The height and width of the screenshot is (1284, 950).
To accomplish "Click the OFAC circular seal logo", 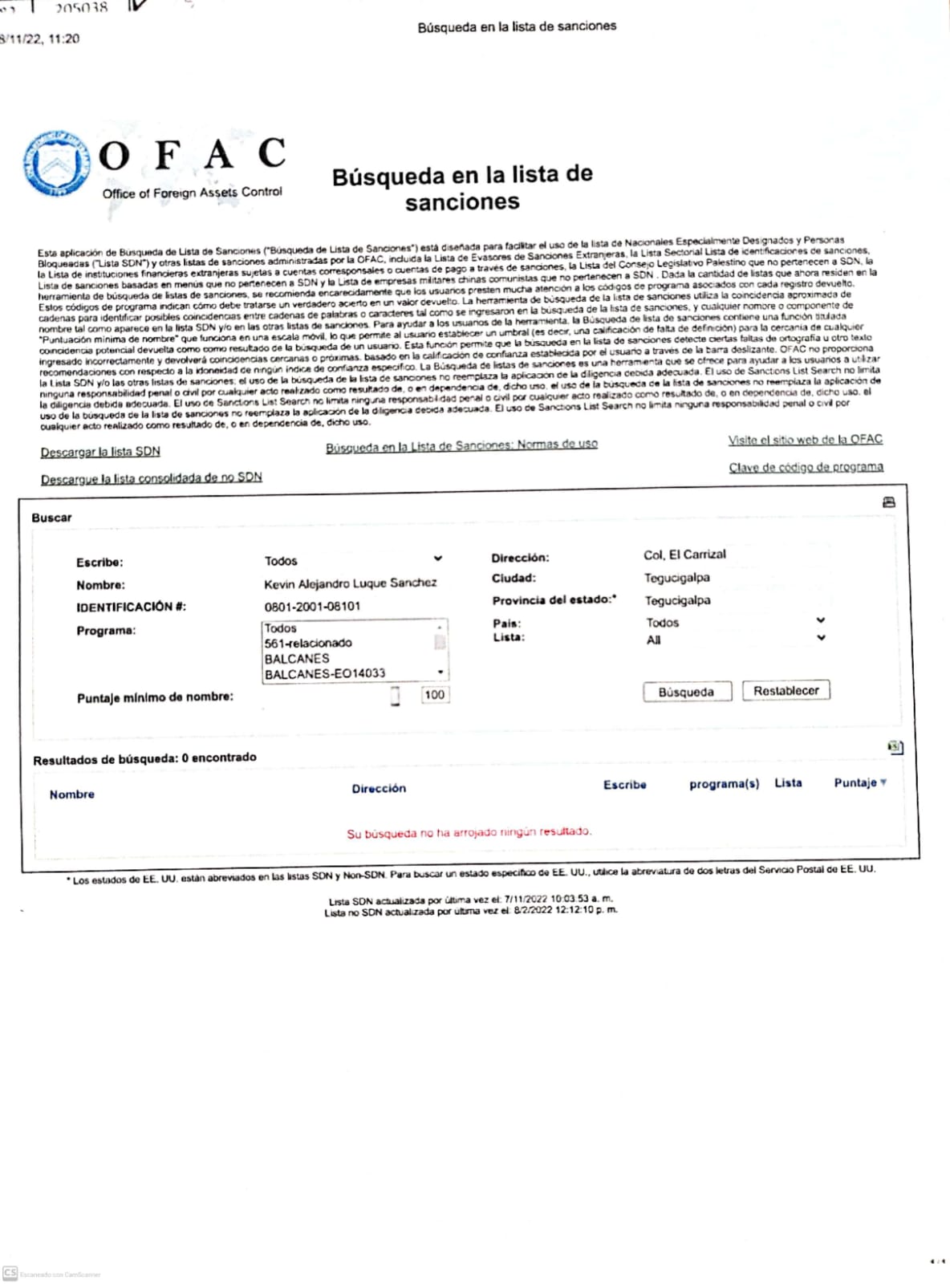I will [55, 164].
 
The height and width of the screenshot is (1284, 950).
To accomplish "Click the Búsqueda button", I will [686, 692].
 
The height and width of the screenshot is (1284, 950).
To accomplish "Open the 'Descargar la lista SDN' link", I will [100, 452].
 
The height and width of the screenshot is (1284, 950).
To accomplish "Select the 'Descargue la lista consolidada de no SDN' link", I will [151, 478].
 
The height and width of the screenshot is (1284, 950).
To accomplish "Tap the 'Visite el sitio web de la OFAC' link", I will [805, 440].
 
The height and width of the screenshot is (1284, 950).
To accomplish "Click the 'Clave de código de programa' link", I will [806, 467].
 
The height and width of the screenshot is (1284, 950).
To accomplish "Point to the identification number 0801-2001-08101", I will [312, 607].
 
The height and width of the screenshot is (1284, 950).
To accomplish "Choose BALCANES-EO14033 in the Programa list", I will [325, 674].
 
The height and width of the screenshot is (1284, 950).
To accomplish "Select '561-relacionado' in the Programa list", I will [308, 643].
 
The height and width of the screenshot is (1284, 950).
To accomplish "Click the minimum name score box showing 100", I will [434, 695].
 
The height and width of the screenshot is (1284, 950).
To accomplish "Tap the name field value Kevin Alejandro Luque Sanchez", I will [350, 583].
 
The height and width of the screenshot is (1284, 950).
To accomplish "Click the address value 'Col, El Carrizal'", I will [684, 555].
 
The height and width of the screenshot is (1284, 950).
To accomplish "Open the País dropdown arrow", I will [820, 620].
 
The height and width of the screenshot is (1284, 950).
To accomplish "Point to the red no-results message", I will [469, 833].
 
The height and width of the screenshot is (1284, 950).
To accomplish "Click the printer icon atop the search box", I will [888, 502].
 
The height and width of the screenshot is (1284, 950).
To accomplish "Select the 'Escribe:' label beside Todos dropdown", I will [99, 563].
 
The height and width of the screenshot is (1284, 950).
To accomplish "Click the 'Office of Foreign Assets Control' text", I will [192, 193].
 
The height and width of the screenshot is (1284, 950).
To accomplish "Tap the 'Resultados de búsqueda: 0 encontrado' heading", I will [144, 758].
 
